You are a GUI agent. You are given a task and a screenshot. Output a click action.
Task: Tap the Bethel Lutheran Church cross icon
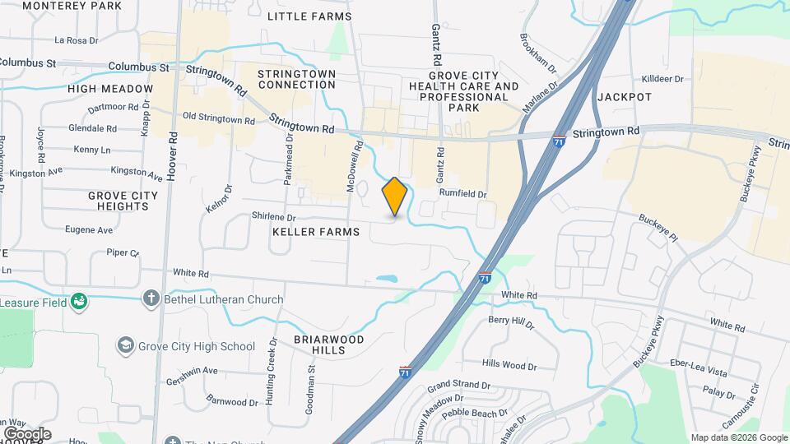tap(151, 299)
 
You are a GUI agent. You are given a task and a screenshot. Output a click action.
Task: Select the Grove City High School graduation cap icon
tap(126, 346)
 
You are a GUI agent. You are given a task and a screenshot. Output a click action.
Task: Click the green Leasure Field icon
tap(79, 303)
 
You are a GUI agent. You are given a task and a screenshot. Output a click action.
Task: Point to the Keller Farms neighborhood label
tap(316, 232)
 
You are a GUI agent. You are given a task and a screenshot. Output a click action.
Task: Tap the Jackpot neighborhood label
tap(625, 97)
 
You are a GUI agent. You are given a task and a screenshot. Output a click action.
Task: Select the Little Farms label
tap(310, 16)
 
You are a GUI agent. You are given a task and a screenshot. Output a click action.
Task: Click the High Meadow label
tap(110, 89)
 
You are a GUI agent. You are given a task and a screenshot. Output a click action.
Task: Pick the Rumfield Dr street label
tap(462, 194)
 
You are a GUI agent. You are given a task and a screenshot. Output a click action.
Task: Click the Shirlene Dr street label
tap(274, 215)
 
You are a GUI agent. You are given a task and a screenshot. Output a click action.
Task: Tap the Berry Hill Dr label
tap(511, 319)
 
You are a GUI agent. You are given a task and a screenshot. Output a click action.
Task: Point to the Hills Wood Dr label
tap(509, 365)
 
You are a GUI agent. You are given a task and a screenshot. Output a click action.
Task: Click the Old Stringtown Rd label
tap(218, 119)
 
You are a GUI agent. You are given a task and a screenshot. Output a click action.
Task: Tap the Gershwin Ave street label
tap(190, 371)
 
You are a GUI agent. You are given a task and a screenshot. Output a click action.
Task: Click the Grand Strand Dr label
tap(458, 385)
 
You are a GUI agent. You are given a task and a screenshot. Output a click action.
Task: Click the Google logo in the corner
tap(27, 433)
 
